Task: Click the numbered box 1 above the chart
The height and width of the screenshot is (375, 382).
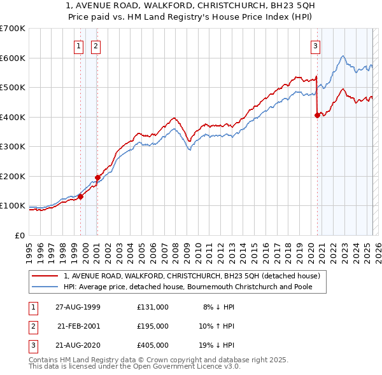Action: click(78, 45)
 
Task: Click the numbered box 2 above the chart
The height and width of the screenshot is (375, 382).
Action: click(95, 45)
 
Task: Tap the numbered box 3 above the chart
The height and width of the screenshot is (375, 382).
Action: click(315, 45)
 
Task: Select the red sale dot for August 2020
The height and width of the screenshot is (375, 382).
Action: click(317, 116)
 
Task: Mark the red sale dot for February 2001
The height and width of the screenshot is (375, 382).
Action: click(97, 177)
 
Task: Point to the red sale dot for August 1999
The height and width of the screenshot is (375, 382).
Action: click(81, 196)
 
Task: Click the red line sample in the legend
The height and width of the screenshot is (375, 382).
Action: click(46, 276)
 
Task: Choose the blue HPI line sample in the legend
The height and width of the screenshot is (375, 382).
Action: click(46, 287)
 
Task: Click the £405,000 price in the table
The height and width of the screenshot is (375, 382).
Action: click(153, 345)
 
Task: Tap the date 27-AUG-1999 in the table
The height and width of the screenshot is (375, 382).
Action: click(78, 307)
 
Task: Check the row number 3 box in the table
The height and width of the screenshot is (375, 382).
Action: click(32, 345)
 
